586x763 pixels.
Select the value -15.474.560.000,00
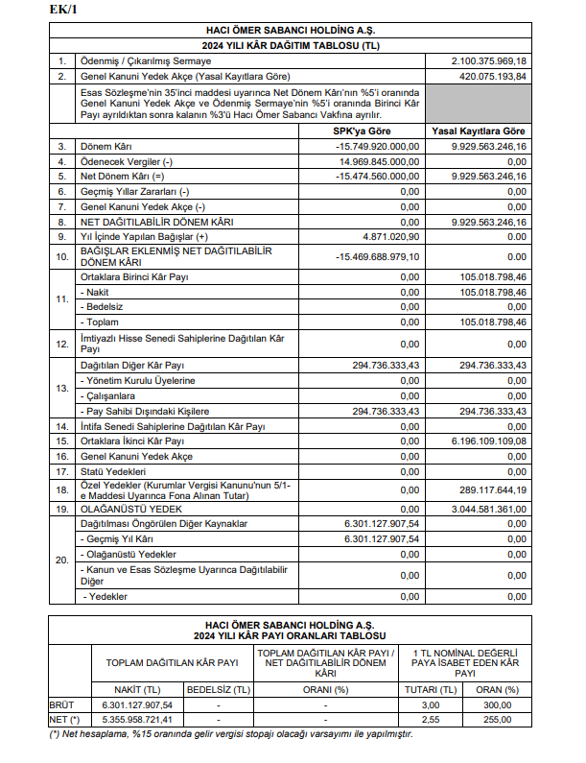[x=377, y=177]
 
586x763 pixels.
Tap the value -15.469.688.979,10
[x=377, y=256]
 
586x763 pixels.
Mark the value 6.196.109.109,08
[x=490, y=441]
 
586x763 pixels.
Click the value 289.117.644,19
[x=494, y=489]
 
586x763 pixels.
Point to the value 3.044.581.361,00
[x=490, y=508]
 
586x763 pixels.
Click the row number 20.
[x=61, y=560]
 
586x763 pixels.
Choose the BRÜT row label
[x=61, y=703]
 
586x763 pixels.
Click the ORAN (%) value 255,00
[x=498, y=718]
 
